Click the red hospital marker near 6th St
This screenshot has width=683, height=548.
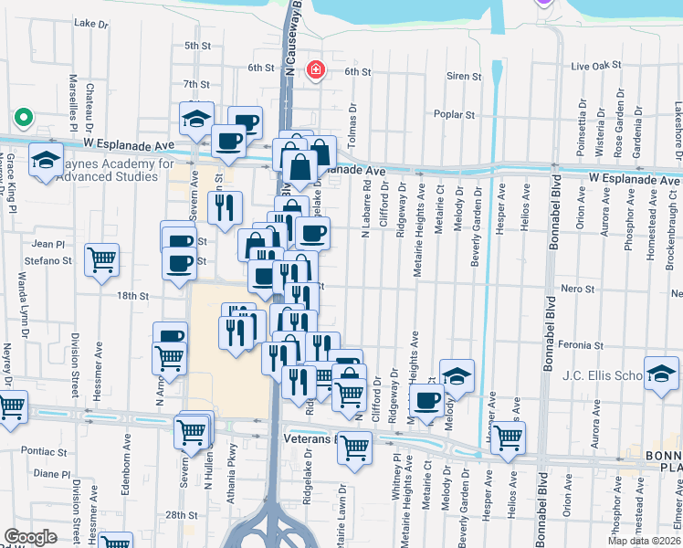click(x=316, y=69)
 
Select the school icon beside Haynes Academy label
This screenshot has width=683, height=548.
click(x=46, y=160)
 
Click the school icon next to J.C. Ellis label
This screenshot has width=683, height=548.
click(x=661, y=373)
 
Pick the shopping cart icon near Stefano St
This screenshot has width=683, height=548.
click(x=101, y=259)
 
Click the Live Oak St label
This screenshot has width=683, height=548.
click(x=595, y=67)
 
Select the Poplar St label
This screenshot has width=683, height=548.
click(x=457, y=115)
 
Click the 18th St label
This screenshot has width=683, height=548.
click(x=132, y=296)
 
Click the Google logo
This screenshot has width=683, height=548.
click(x=30, y=537)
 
